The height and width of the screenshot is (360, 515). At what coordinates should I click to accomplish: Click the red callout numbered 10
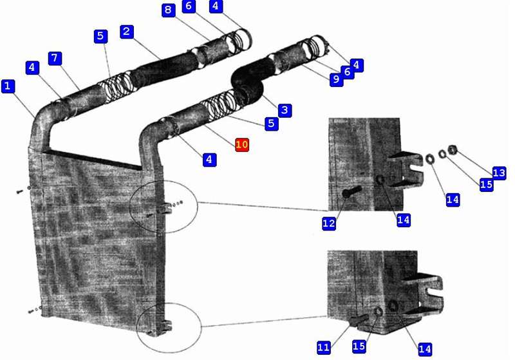242,145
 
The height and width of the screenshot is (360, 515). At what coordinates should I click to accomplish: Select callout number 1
8,86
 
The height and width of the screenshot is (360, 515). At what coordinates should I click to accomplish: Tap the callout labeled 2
127,32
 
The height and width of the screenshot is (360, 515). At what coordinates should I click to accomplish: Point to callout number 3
285,110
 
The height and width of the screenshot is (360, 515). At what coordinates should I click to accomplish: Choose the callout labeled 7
55,59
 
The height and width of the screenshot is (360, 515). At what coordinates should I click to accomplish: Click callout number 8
168,10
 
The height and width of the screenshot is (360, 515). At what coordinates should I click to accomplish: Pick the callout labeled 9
336,79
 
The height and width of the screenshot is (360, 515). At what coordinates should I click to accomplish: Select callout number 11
324,347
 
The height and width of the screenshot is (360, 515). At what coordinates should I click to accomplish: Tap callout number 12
329,223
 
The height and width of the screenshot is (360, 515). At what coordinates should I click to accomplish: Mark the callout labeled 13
499,173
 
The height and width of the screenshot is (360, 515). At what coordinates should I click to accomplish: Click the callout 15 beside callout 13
487,184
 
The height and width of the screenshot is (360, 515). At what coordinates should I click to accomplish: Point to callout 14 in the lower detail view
425,349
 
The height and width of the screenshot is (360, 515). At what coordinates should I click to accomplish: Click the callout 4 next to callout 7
32,68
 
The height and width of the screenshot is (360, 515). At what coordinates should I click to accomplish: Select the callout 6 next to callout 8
189,6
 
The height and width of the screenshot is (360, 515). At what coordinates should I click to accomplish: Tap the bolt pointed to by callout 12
351,191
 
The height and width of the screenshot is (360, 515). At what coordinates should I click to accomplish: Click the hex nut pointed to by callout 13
453,150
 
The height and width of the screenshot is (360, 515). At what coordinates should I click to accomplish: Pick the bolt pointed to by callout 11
358,319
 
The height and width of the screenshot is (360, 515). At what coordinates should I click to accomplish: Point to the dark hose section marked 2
166,68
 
